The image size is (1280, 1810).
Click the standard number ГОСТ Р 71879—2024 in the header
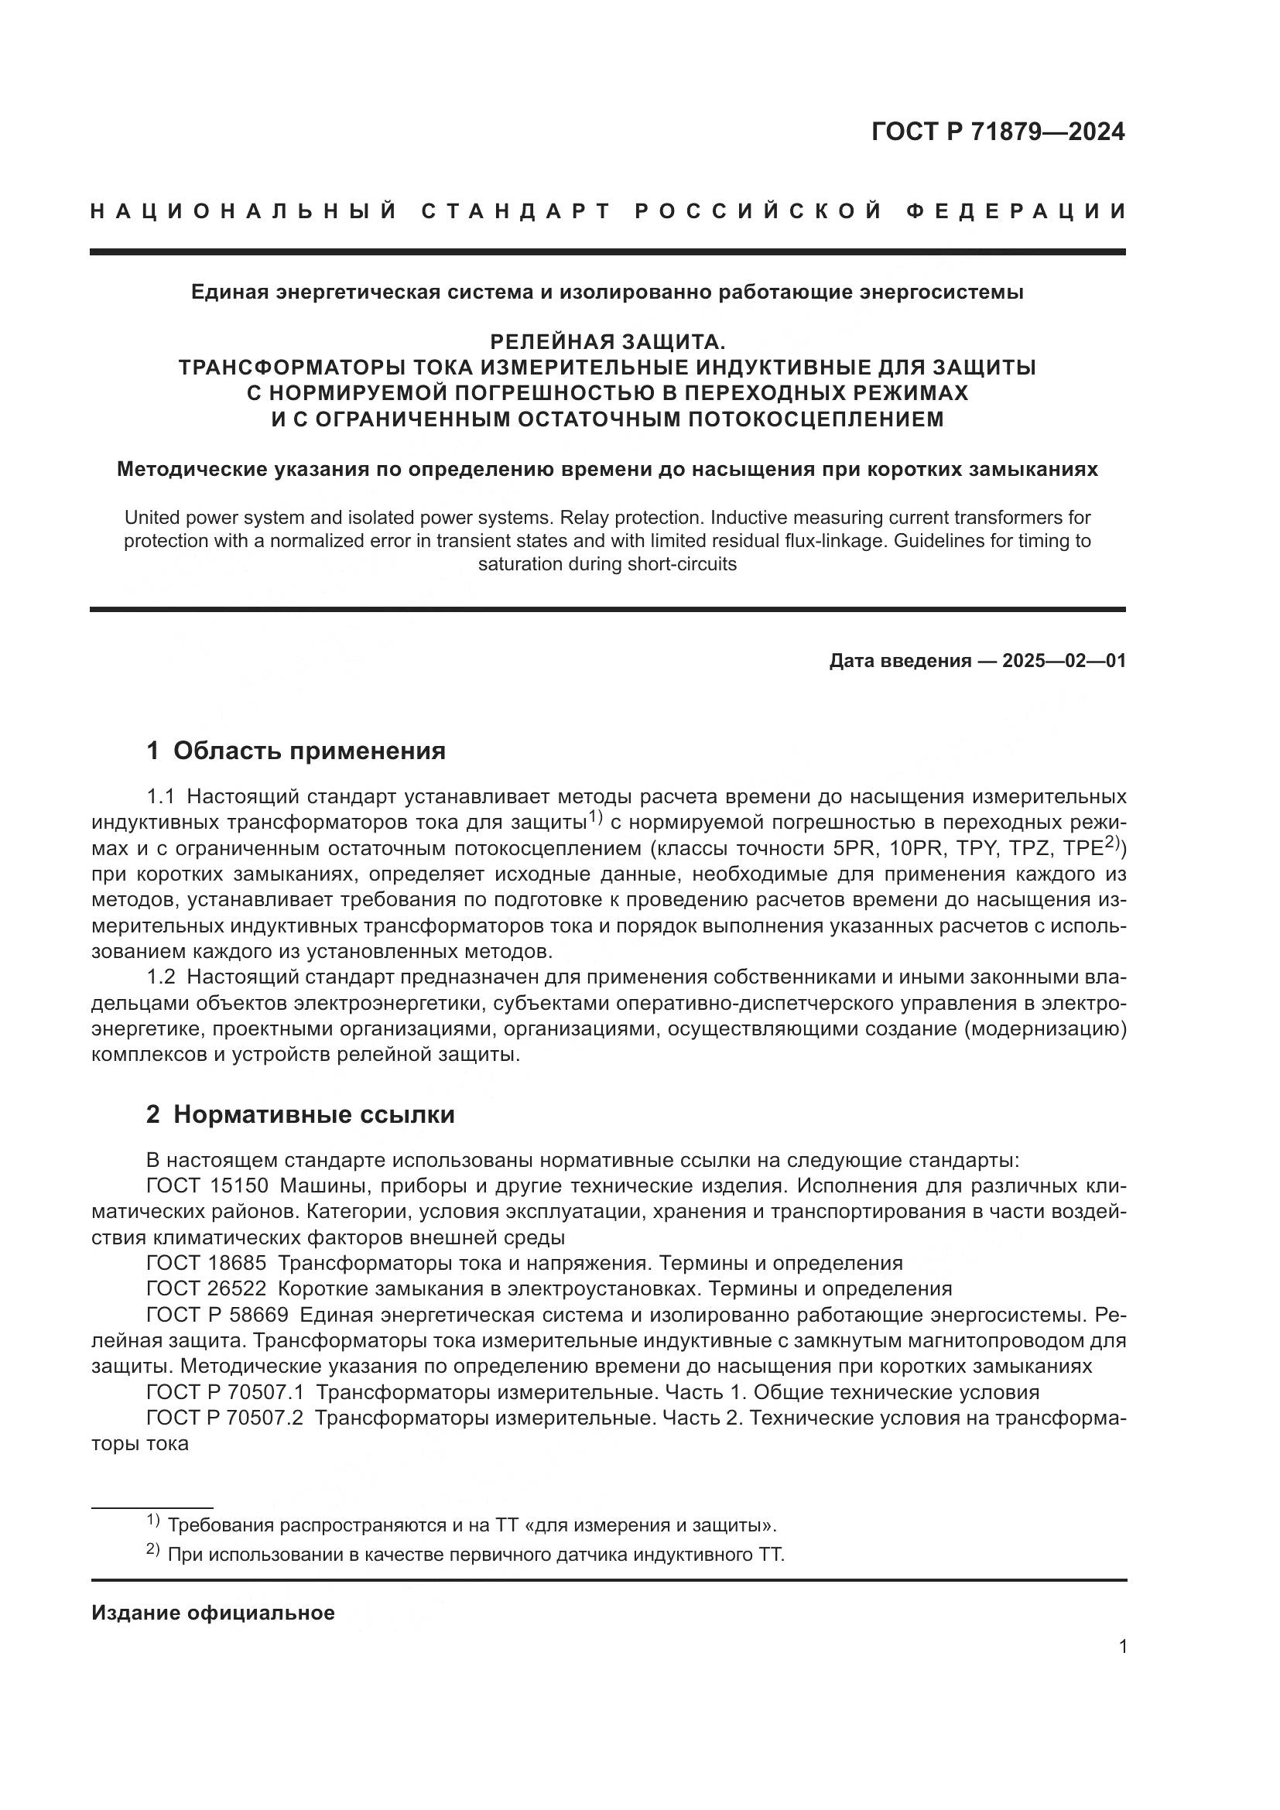point(998,132)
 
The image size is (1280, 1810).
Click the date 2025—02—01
point(1063,661)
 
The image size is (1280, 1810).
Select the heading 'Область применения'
point(309,751)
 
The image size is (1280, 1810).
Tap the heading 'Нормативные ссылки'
point(313,1114)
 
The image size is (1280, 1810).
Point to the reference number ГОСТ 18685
point(206,1264)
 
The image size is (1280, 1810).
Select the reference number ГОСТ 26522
point(206,1289)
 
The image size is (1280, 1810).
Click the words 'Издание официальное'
point(213,1613)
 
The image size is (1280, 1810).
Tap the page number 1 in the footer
point(1122,1647)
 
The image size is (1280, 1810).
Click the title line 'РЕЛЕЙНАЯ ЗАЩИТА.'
point(607,342)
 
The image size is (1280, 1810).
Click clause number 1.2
point(160,977)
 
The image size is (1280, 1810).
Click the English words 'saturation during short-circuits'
point(607,564)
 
